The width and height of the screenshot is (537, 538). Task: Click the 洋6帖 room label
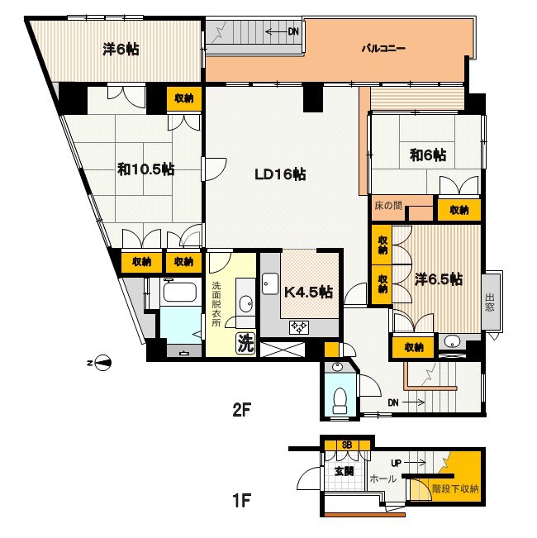point(121,50)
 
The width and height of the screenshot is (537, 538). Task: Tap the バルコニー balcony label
point(383,49)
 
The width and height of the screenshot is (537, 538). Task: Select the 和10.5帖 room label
point(145,169)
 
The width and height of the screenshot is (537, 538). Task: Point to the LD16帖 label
point(280,174)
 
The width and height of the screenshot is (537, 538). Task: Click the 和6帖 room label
point(428,155)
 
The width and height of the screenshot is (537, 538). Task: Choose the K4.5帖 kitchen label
point(308,292)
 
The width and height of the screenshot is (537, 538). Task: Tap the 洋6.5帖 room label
point(438,279)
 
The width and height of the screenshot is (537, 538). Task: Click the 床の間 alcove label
point(387,203)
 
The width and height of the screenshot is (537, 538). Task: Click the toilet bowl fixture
point(338,400)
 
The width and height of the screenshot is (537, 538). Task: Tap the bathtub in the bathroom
point(178,293)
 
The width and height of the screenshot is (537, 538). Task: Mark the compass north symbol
point(102,361)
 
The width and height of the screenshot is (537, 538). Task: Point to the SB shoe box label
point(347,445)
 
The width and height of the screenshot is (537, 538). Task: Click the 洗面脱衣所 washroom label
point(216,303)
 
